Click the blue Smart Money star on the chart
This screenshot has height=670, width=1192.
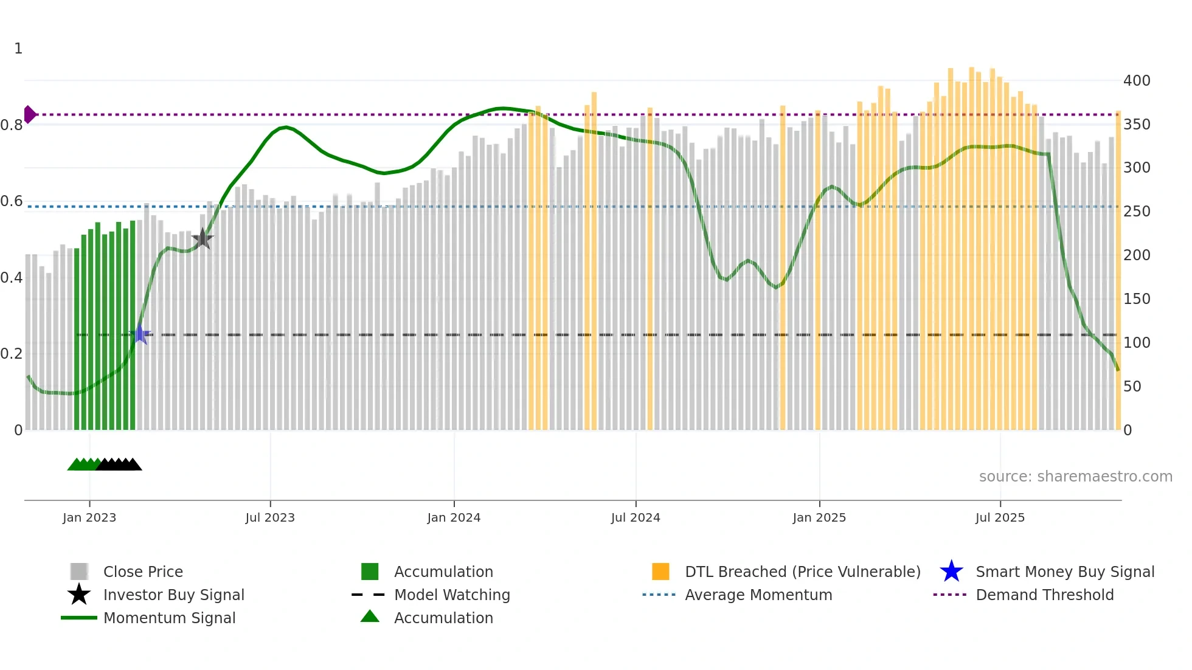[x=140, y=334]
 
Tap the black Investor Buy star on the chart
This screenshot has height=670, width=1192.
[x=203, y=239]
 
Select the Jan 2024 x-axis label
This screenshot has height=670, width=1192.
[x=454, y=517]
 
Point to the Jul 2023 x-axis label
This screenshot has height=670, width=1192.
[x=270, y=517]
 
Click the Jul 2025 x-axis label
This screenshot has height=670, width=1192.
[x=1000, y=517]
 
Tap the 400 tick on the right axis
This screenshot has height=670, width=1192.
[x=1136, y=81]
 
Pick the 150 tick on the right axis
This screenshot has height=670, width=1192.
[x=1136, y=299]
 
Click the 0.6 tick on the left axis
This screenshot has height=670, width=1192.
[x=12, y=201]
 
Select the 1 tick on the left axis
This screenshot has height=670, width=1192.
[x=18, y=49]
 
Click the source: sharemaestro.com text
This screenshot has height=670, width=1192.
[x=1075, y=477]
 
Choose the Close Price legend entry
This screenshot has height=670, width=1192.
[x=142, y=572]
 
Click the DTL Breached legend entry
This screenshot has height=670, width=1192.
[x=802, y=572]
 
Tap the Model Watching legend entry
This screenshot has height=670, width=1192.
[x=451, y=595]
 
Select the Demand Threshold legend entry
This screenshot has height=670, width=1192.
[x=1044, y=595]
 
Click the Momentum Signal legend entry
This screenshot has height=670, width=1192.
[x=169, y=618]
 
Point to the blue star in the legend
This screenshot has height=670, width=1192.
[x=951, y=572]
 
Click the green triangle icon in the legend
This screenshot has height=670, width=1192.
[x=370, y=616]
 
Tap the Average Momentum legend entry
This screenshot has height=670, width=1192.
[x=758, y=595]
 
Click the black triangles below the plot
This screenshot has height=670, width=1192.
[x=119, y=465]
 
